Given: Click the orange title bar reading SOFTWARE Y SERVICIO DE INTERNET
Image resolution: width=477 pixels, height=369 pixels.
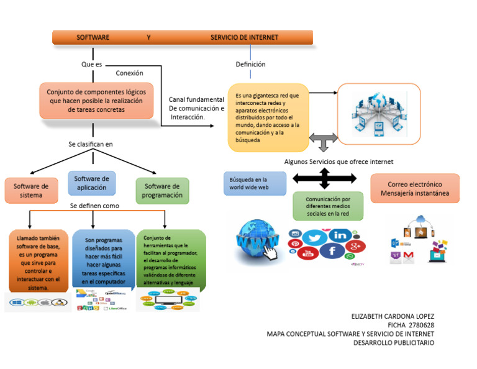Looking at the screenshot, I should (182, 37).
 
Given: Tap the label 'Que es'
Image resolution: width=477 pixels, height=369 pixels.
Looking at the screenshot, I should (91, 64).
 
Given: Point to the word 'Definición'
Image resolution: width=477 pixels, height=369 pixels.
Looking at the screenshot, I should (250, 64).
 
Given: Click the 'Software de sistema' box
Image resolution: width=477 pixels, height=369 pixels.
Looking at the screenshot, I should (31, 191).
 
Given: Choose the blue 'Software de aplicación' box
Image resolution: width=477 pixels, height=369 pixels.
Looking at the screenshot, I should (91, 183).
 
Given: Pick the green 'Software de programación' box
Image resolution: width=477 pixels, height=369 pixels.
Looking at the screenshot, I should (162, 191).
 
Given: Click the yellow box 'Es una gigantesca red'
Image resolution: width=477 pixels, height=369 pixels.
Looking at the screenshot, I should (268, 117).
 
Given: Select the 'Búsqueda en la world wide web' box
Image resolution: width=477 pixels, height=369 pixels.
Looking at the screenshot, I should (255, 183).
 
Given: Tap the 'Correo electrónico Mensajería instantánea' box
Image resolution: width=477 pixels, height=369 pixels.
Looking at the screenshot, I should (415, 189).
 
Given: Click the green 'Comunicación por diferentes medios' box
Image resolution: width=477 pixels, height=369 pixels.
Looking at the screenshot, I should (328, 206).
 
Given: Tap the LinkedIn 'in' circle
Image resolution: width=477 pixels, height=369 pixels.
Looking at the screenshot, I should (340, 235).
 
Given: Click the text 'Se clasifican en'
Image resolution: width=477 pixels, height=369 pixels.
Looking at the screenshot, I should (91, 144).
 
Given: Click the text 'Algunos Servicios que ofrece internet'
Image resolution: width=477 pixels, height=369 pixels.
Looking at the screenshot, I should (338, 162).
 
